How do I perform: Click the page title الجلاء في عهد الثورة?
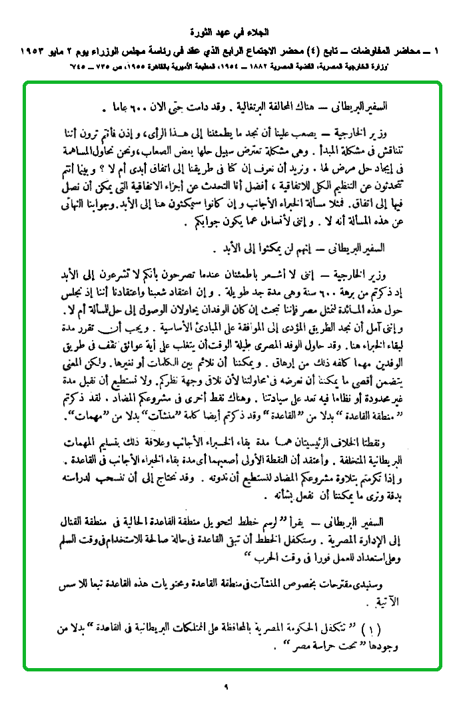click(x=231, y=31)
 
